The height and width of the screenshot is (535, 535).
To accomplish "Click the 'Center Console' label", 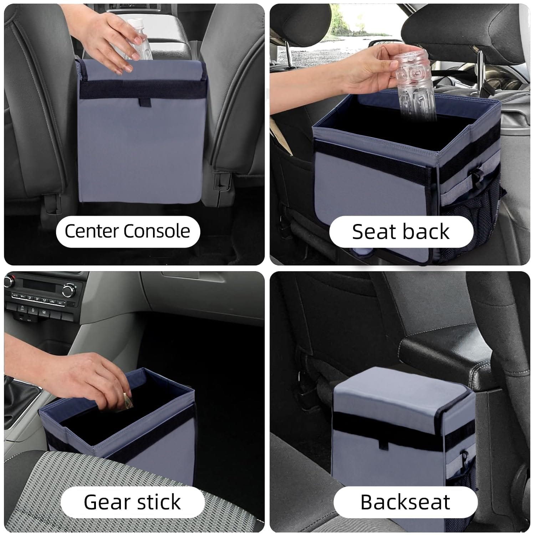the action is [x=127, y=231].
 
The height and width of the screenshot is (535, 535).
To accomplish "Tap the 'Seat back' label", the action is [x=401, y=231].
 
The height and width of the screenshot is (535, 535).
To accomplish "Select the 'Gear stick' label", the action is [x=132, y=502].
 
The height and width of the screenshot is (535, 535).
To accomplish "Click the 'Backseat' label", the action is [x=405, y=502].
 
